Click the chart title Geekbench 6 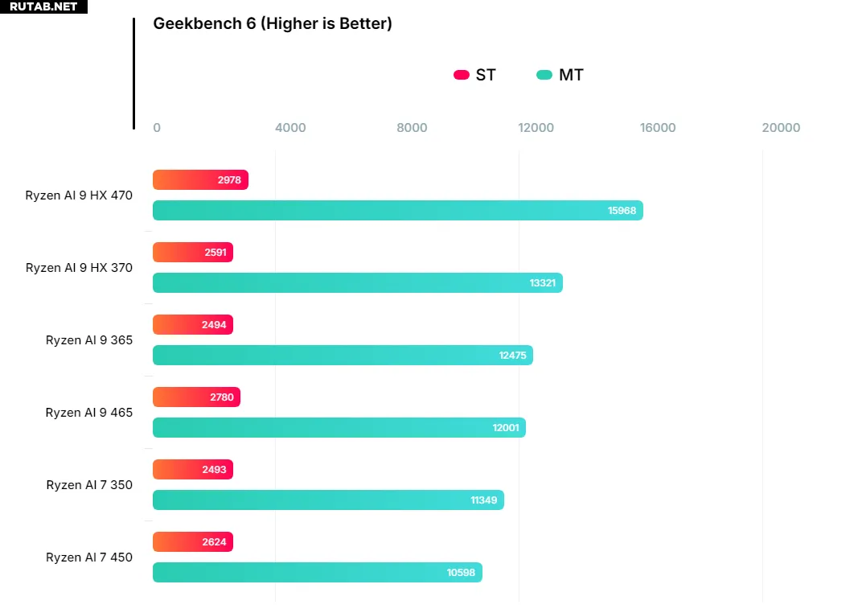click(x=272, y=24)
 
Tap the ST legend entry click(x=475, y=75)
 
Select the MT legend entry click(x=560, y=75)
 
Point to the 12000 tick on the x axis click(x=536, y=128)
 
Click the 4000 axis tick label click(x=290, y=128)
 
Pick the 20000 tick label click(x=781, y=128)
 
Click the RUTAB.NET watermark click(x=43, y=6)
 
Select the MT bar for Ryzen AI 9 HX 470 click(x=397, y=211)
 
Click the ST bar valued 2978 click(x=200, y=180)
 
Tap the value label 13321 click(x=542, y=283)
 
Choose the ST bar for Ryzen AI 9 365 click(x=192, y=325)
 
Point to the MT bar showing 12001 click(x=339, y=428)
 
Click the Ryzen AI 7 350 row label click(x=89, y=485)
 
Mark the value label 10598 click(x=461, y=573)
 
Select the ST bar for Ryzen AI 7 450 click(x=192, y=542)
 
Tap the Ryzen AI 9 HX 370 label click(x=79, y=268)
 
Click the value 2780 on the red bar click(x=222, y=397)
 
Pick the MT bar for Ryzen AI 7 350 click(x=328, y=500)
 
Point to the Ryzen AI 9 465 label click(x=89, y=413)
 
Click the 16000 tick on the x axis click(x=658, y=128)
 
